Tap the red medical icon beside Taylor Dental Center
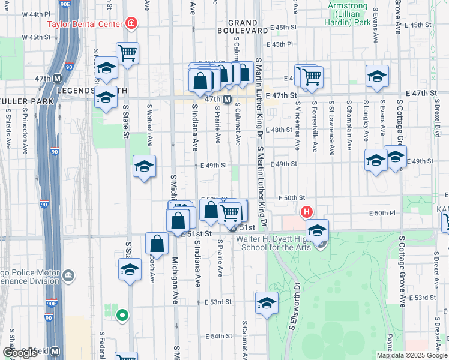tap(131, 24)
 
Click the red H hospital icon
tap(307, 212)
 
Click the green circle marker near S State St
tap(122, 314)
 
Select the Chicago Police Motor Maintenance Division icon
tap(69, 275)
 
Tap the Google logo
tap(19, 353)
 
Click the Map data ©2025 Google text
tap(411, 355)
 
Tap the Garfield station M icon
tap(55, 351)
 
